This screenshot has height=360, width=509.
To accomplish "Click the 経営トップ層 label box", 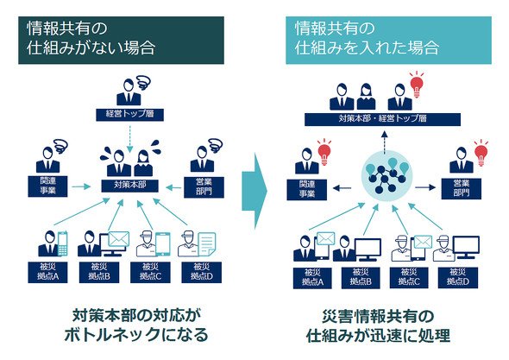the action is pos(130,114).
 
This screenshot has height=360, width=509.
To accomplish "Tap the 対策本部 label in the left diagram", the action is pos(130,186).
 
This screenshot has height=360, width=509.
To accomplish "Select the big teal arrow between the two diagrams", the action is pos(255,191).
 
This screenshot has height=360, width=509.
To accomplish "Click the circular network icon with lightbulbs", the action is pos(386,178).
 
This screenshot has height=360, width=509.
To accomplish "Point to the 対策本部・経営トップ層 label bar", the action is pos(382,119).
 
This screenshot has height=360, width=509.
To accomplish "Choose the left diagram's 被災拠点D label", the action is pos(202,272).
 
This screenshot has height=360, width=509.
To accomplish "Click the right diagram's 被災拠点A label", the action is pos(312,277).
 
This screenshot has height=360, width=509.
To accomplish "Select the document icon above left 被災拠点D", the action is pos(207,244).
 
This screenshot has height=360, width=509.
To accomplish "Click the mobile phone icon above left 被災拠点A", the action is pos(63,243).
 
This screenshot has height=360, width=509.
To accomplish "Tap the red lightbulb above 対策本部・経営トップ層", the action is pos(417,84).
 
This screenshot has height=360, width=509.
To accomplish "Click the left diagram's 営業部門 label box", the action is pos(204,187).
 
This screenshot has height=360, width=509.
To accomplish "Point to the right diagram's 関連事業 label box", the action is pos(307,190).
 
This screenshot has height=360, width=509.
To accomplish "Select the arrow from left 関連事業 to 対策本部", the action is pos(80,186).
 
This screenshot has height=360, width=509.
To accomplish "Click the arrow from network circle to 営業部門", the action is pos(425,187).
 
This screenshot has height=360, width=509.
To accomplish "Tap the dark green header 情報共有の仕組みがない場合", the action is pos(121,41).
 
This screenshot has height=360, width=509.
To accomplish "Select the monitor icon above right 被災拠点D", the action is pos(466,247).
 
